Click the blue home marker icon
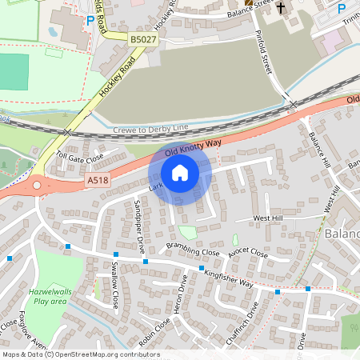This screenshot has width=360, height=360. [x=180, y=172]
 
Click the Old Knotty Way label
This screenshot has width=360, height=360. [x=192, y=146]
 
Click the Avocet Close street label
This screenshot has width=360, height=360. [x=247, y=253]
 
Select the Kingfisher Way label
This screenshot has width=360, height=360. [x=228, y=279]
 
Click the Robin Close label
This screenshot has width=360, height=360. [x=153, y=331]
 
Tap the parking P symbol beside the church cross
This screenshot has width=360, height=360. [x=342, y=8]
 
